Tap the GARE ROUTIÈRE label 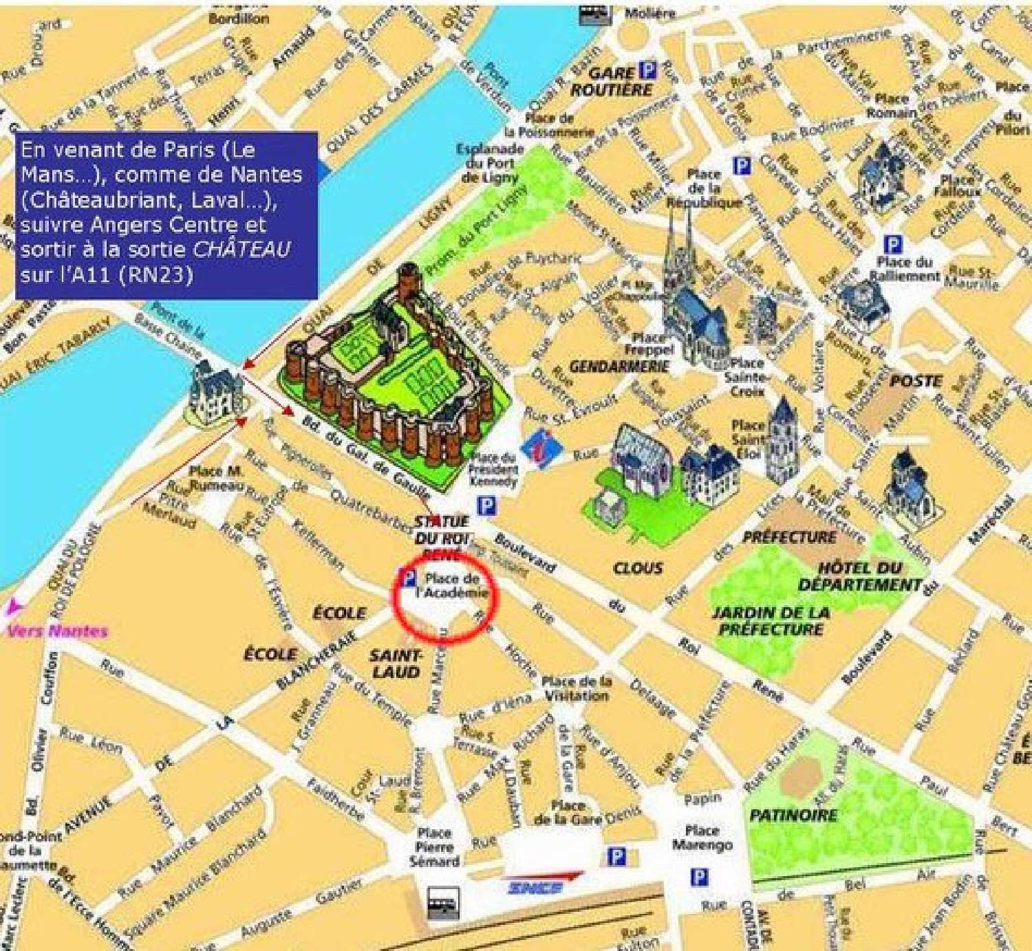pyautogui.click(x=611, y=81)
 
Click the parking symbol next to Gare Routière pyautogui.click(x=648, y=69)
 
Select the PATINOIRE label pyautogui.click(x=793, y=816)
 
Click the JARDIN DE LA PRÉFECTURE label pyautogui.click(x=770, y=620)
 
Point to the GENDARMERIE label pyautogui.click(x=619, y=367)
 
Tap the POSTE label pyautogui.click(x=915, y=381)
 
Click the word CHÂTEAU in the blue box pyautogui.click(x=241, y=249)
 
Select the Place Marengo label pyautogui.click(x=702, y=837)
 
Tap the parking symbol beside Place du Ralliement pyautogui.click(x=892, y=244)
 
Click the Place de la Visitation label pyautogui.click(x=577, y=688)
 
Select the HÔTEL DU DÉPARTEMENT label pyautogui.click(x=860, y=576)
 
